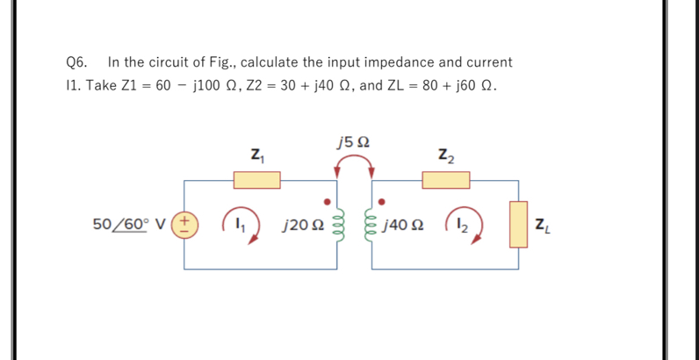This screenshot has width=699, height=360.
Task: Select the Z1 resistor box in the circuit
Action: (256, 180)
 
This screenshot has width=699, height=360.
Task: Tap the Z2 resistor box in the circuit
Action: (446, 180)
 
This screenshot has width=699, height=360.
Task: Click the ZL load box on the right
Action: (518, 224)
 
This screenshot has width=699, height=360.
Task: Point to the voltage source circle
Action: (185, 224)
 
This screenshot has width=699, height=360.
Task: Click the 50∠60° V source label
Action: (132, 224)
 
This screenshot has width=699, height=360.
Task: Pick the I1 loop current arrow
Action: (241, 225)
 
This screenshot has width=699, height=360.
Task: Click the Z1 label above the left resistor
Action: (256, 156)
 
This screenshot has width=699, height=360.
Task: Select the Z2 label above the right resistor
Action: (445, 156)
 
